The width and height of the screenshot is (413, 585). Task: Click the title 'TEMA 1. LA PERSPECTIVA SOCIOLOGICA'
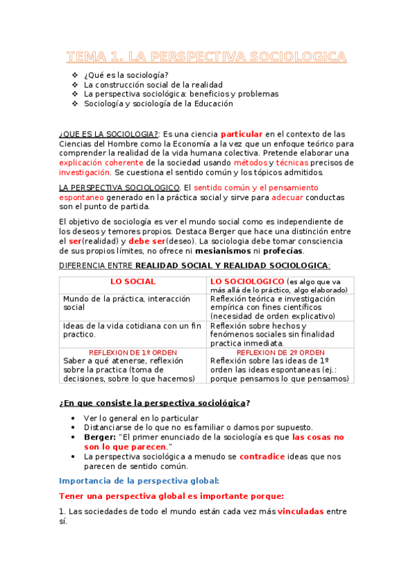206,57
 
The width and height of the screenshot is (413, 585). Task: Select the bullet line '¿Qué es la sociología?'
126,75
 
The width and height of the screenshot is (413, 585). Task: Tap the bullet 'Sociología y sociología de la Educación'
159,104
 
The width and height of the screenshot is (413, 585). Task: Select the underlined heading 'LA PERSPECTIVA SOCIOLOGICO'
119,188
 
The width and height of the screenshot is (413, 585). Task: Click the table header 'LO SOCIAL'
133,282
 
